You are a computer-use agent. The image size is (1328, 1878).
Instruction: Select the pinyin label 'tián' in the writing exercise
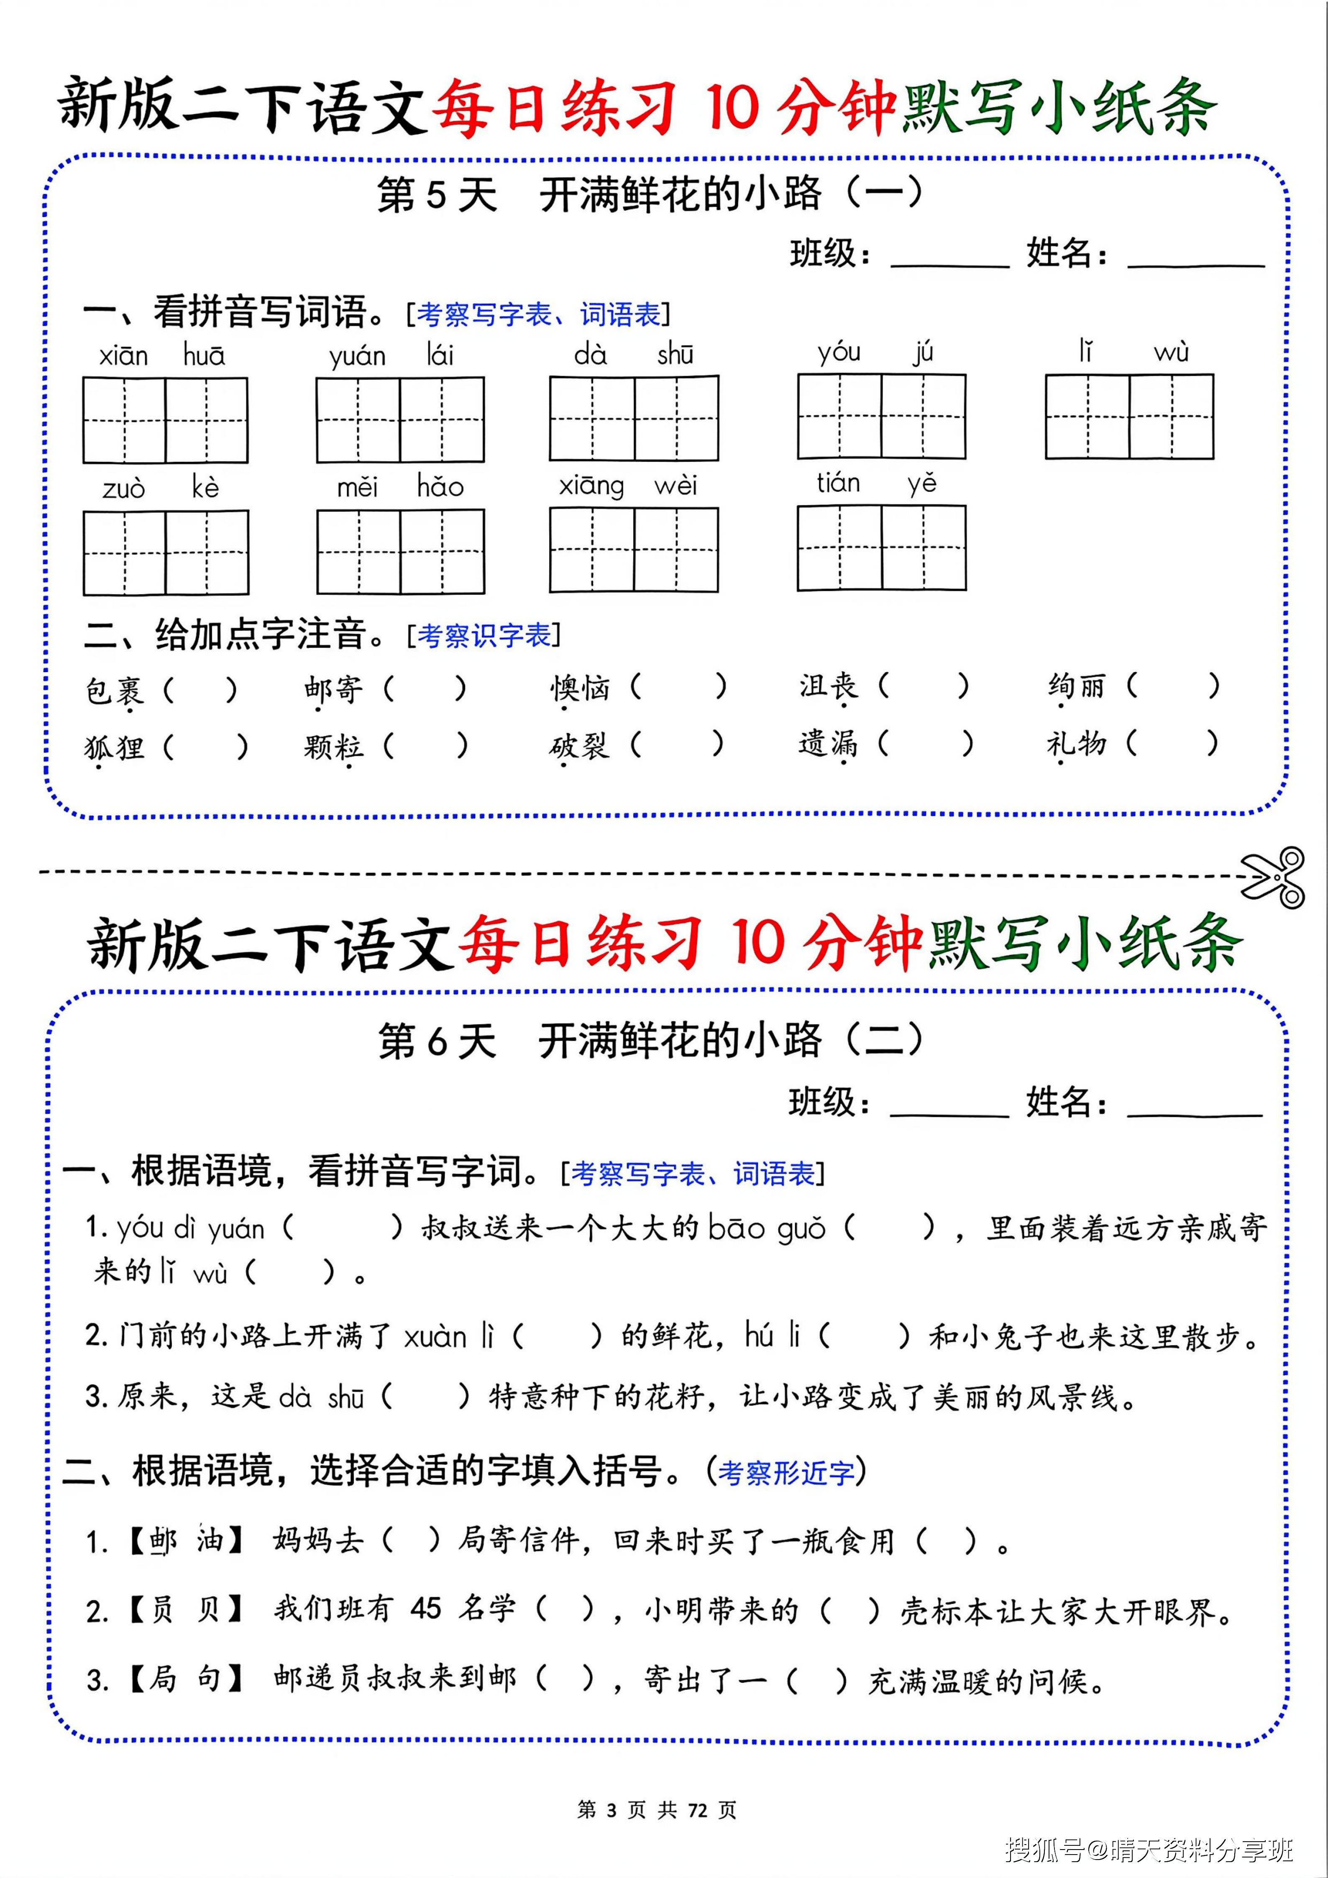[838, 484]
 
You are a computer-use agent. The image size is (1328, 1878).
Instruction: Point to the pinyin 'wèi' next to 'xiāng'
[676, 486]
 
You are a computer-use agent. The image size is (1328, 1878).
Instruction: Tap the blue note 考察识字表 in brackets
[484, 635]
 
